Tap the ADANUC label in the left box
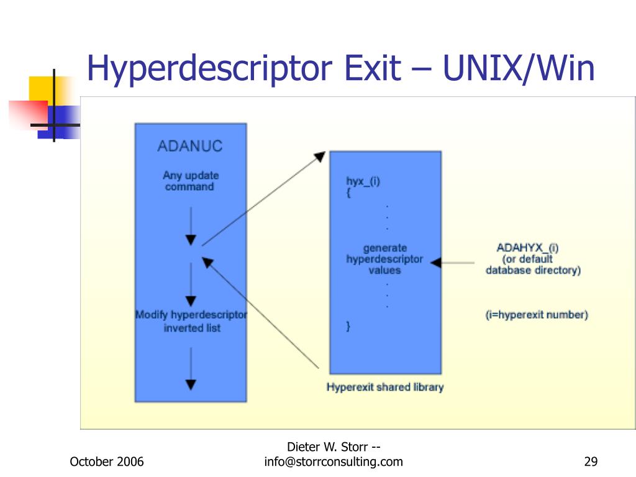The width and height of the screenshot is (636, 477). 189,147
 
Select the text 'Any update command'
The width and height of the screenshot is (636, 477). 190,181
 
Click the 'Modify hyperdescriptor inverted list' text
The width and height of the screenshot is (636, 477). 191,321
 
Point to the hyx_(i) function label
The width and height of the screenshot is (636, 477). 363,181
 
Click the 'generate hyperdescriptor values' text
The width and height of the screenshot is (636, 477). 384,259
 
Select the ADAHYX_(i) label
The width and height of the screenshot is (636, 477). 527,248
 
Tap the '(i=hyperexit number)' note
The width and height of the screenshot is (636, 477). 536,315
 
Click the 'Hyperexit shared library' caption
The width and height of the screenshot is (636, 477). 385,387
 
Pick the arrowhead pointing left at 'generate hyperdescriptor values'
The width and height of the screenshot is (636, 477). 436,263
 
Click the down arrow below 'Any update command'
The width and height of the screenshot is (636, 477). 191,240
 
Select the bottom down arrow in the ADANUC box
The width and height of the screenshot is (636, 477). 191,384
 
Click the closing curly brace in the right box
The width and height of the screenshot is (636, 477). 348,325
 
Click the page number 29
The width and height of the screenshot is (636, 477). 591,461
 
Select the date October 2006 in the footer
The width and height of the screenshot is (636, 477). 107,461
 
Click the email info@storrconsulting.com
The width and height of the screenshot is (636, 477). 333,461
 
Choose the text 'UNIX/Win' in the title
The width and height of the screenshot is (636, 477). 519,69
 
